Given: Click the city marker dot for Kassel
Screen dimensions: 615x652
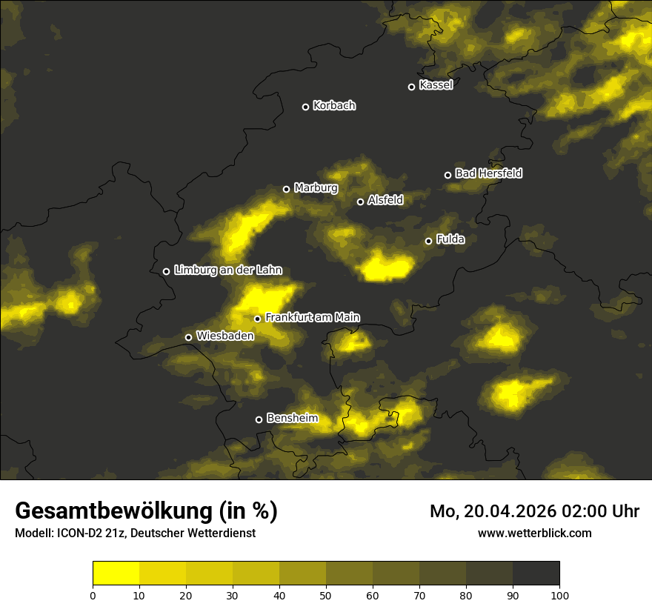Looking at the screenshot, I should pyautogui.click(x=411, y=87).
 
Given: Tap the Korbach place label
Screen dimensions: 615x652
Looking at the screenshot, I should pyautogui.click(x=334, y=106).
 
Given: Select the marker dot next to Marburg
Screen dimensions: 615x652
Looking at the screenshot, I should pyautogui.click(x=286, y=189).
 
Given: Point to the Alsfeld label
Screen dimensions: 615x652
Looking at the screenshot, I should pyautogui.click(x=385, y=200).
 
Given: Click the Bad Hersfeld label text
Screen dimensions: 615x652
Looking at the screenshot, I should pyautogui.click(x=488, y=173).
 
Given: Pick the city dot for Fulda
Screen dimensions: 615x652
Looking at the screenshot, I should pyautogui.click(x=428, y=241).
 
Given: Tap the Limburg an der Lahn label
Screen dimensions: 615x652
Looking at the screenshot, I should pyautogui.click(x=227, y=270).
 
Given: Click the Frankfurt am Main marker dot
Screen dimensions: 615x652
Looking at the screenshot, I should pyautogui.click(x=258, y=319).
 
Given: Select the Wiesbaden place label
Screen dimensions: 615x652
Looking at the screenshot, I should pyautogui.click(x=224, y=336).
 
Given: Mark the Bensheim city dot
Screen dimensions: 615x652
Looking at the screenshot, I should pyautogui.click(x=259, y=419).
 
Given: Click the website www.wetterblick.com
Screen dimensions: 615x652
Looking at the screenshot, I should pyautogui.click(x=534, y=533).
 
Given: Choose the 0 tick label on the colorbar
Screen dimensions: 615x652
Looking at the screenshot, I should pyautogui.click(x=93, y=594).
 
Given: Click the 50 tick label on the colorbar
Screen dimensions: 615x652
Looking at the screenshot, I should pyautogui.click(x=326, y=594).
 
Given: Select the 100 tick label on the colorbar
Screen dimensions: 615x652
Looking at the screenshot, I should pyautogui.click(x=559, y=594).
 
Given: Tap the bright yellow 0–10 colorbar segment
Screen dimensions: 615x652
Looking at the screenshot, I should pyautogui.click(x=116, y=574).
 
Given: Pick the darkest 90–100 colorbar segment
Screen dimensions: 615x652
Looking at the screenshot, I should pyautogui.click(x=536, y=574).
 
